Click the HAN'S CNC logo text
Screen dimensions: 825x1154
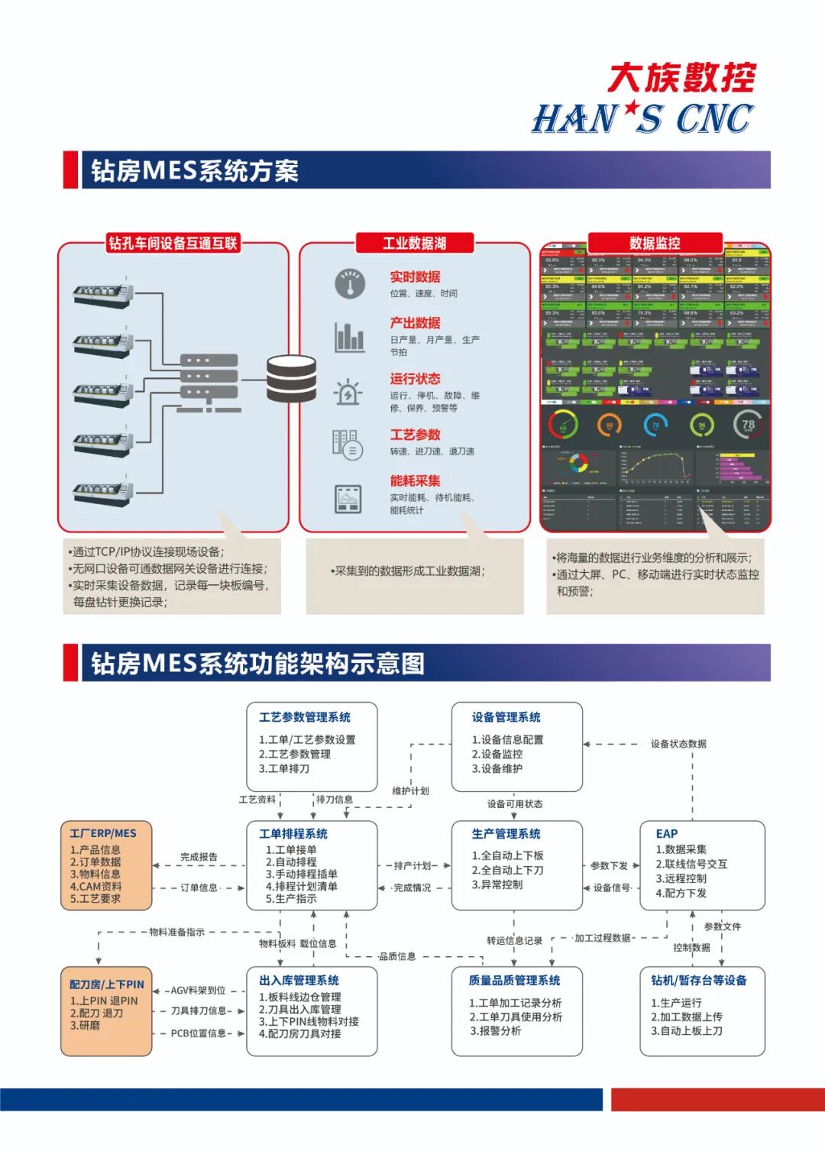coord(642,119)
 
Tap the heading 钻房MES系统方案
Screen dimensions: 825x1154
coord(194,170)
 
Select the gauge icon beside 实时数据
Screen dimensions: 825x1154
coord(350,284)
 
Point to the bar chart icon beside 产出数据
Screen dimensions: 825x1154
coord(350,337)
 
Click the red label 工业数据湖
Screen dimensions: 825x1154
coord(414,244)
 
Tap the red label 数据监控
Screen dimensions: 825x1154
coord(655,244)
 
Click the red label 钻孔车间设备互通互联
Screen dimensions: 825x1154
coord(173,244)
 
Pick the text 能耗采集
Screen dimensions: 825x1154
coord(415,480)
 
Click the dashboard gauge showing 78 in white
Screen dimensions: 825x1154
coord(748,425)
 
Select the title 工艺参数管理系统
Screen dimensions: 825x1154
coord(305,717)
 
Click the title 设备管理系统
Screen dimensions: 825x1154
coord(506,717)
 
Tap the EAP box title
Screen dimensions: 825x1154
coord(667,833)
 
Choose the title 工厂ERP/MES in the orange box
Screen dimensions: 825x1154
coord(103,833)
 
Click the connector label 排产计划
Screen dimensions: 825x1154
coord(412,865)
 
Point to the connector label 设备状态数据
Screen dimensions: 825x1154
coord(678,743)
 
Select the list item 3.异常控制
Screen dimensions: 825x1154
coord(497,884)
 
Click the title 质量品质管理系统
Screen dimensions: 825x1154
coord(515,980)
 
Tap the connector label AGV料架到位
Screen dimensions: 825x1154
coord(198,991)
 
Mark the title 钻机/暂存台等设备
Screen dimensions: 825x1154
coord(699,980)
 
